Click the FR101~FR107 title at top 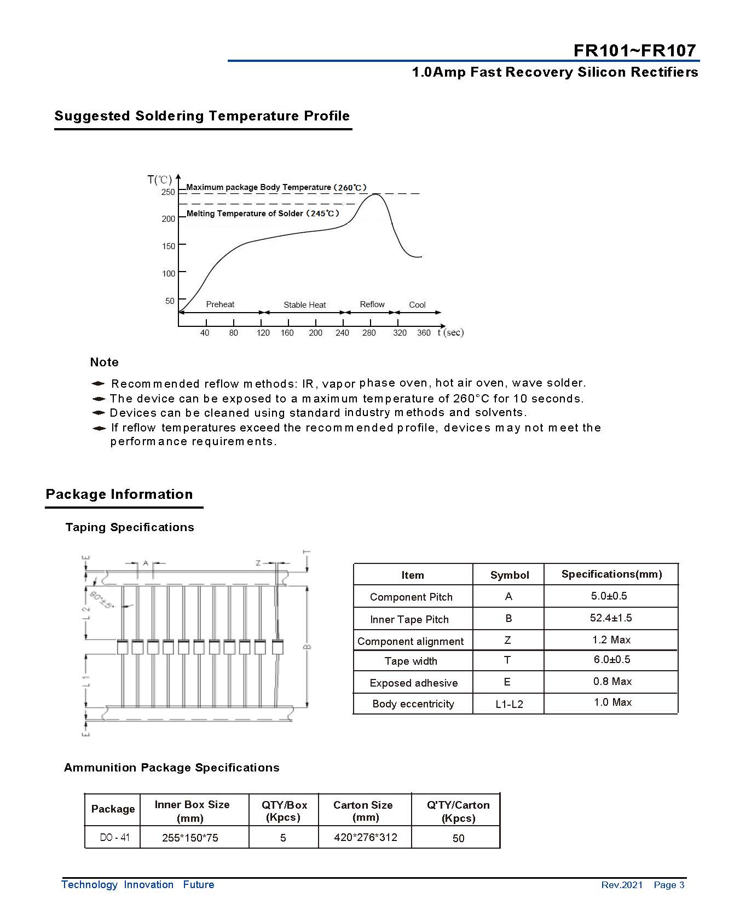pos(634,50)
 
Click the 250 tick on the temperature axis pos(168,192)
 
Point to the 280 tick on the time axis pos(369,332)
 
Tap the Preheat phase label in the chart pos(220,304)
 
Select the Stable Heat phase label pos(304,305)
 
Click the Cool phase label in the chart pos(417,305)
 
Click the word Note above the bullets pos(104,362)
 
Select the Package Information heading pos(119,494)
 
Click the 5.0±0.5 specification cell pos(609,596)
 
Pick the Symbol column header pos(509,575)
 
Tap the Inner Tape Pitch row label pos(409,619)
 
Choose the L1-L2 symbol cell pos(509,704)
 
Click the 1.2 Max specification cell pos(611,640)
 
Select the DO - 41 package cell pos(114,837)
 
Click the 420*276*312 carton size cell pos(365,837)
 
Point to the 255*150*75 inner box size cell pos(190,838)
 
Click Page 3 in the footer pos(669,885)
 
